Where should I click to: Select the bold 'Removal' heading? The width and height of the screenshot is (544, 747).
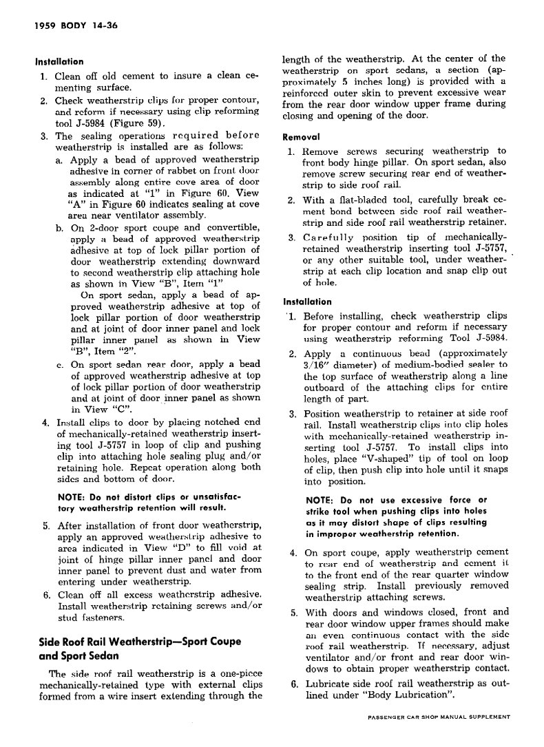tap(302, 136)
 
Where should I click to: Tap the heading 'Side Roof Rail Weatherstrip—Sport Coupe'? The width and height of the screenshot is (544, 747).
tap(140, 642)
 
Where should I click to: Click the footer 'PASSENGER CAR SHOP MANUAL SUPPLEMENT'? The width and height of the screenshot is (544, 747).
tap(439, 717)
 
